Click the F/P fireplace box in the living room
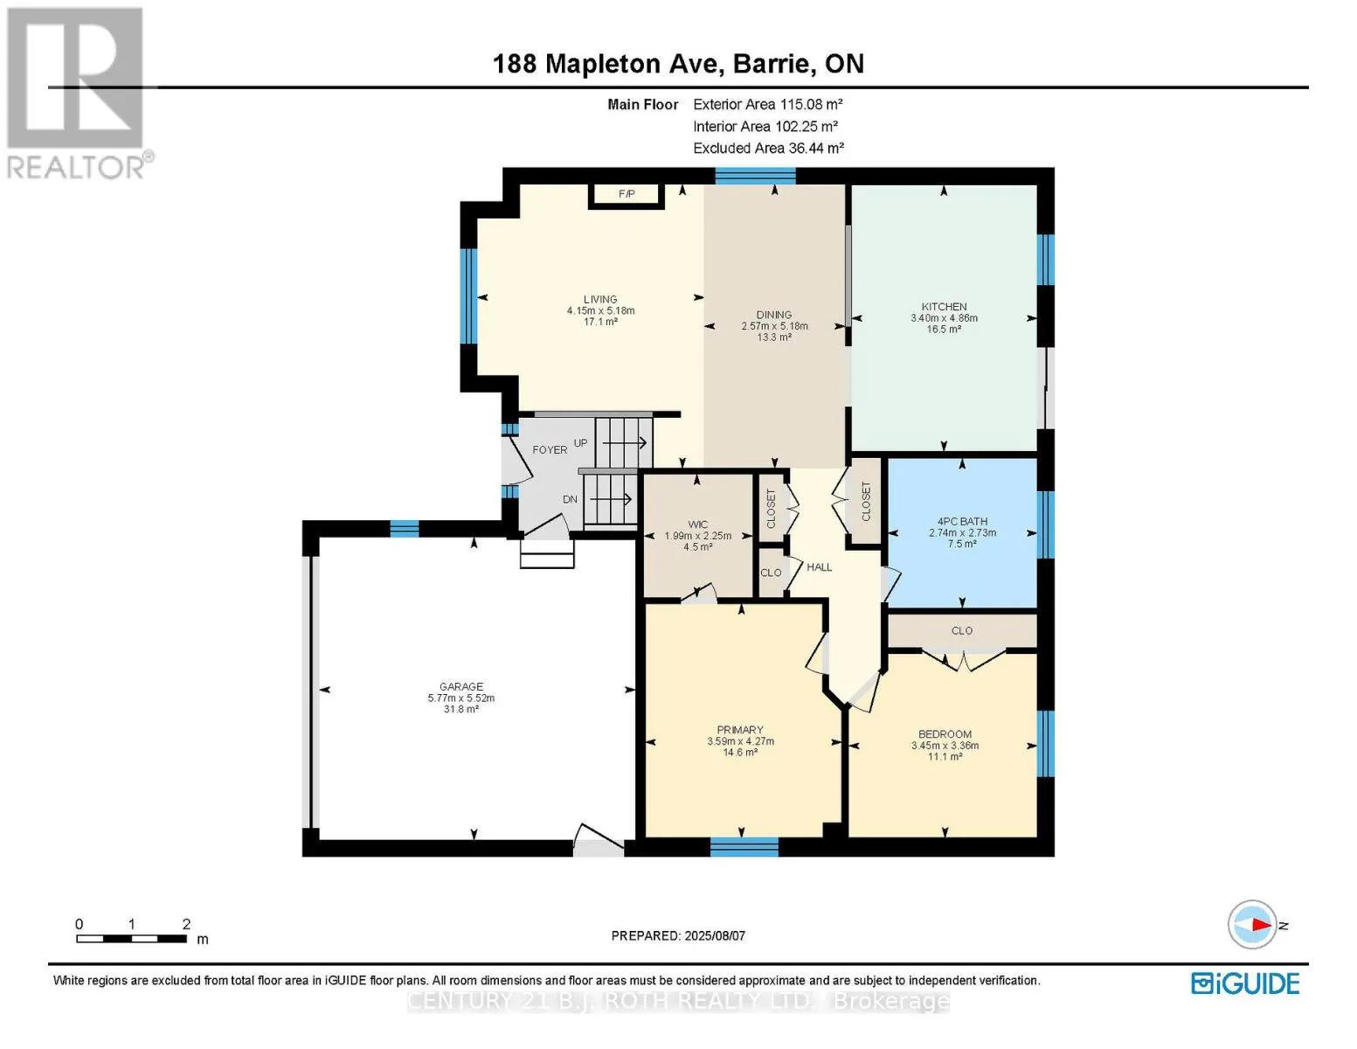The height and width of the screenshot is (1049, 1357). click(x=626, y=194)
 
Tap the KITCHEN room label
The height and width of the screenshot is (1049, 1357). click(x=944, y=307)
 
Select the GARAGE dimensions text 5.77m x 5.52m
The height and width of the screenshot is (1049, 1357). click(x=460, y=698)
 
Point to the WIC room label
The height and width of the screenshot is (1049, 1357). click(x=697, y=524)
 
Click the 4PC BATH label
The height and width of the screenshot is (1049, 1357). click(x=962, y=521)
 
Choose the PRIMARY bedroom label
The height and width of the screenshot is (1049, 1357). click(x=740, y=730)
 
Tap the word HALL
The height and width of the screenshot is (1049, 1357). click(x=820, y=567)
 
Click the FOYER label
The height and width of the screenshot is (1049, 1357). click(x=550, y=450)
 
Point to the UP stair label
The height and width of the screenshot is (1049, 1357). click(x=581, y=443)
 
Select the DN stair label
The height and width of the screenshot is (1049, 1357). click(x=571, y=499)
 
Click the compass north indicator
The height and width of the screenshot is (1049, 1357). click(x=1252, y=925)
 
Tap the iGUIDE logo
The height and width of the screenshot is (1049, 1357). click(x=1245, y=984)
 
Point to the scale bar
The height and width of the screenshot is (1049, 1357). click(x=132, y=938)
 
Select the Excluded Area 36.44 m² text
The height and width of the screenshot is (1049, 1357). click(x=768, y=148)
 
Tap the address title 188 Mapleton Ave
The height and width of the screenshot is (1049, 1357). click(x=608, y=64)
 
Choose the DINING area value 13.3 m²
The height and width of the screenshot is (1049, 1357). click(x=774, y=337)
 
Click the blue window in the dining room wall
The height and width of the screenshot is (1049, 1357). click(x=755, y=176)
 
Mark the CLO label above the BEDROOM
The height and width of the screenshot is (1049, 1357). click(x=962, y=630)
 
